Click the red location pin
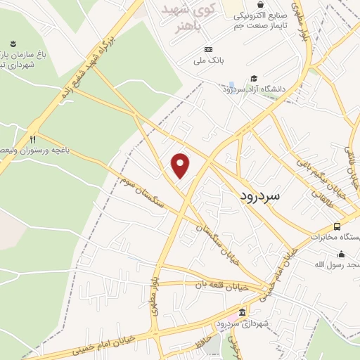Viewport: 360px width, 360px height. [x=181, y=165]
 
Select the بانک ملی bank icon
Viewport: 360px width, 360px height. [x=208, y=49]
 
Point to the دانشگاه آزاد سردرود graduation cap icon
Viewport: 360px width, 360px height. [x=253, y=79]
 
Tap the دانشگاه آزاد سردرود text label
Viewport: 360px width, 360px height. [x=255, y=89]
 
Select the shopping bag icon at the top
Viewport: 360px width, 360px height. [x=260, y=5]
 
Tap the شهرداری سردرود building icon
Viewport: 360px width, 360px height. [x=243, y=311]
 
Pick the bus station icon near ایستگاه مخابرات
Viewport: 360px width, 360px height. [x=337, y=226]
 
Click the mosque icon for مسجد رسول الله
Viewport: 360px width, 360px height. [x=342, y=254]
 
